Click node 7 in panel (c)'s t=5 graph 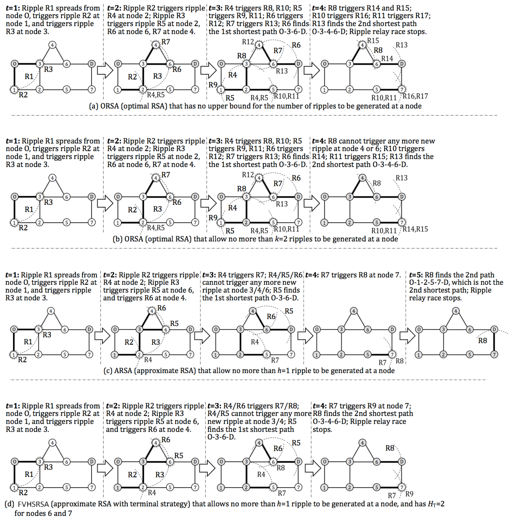(x=494, y=354)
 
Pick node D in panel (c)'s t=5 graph (x=494, y=329)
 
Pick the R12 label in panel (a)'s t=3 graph (x=248, y=42)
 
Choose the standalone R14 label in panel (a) (x=387, y=59)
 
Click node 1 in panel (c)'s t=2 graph (x=115, y=354)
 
